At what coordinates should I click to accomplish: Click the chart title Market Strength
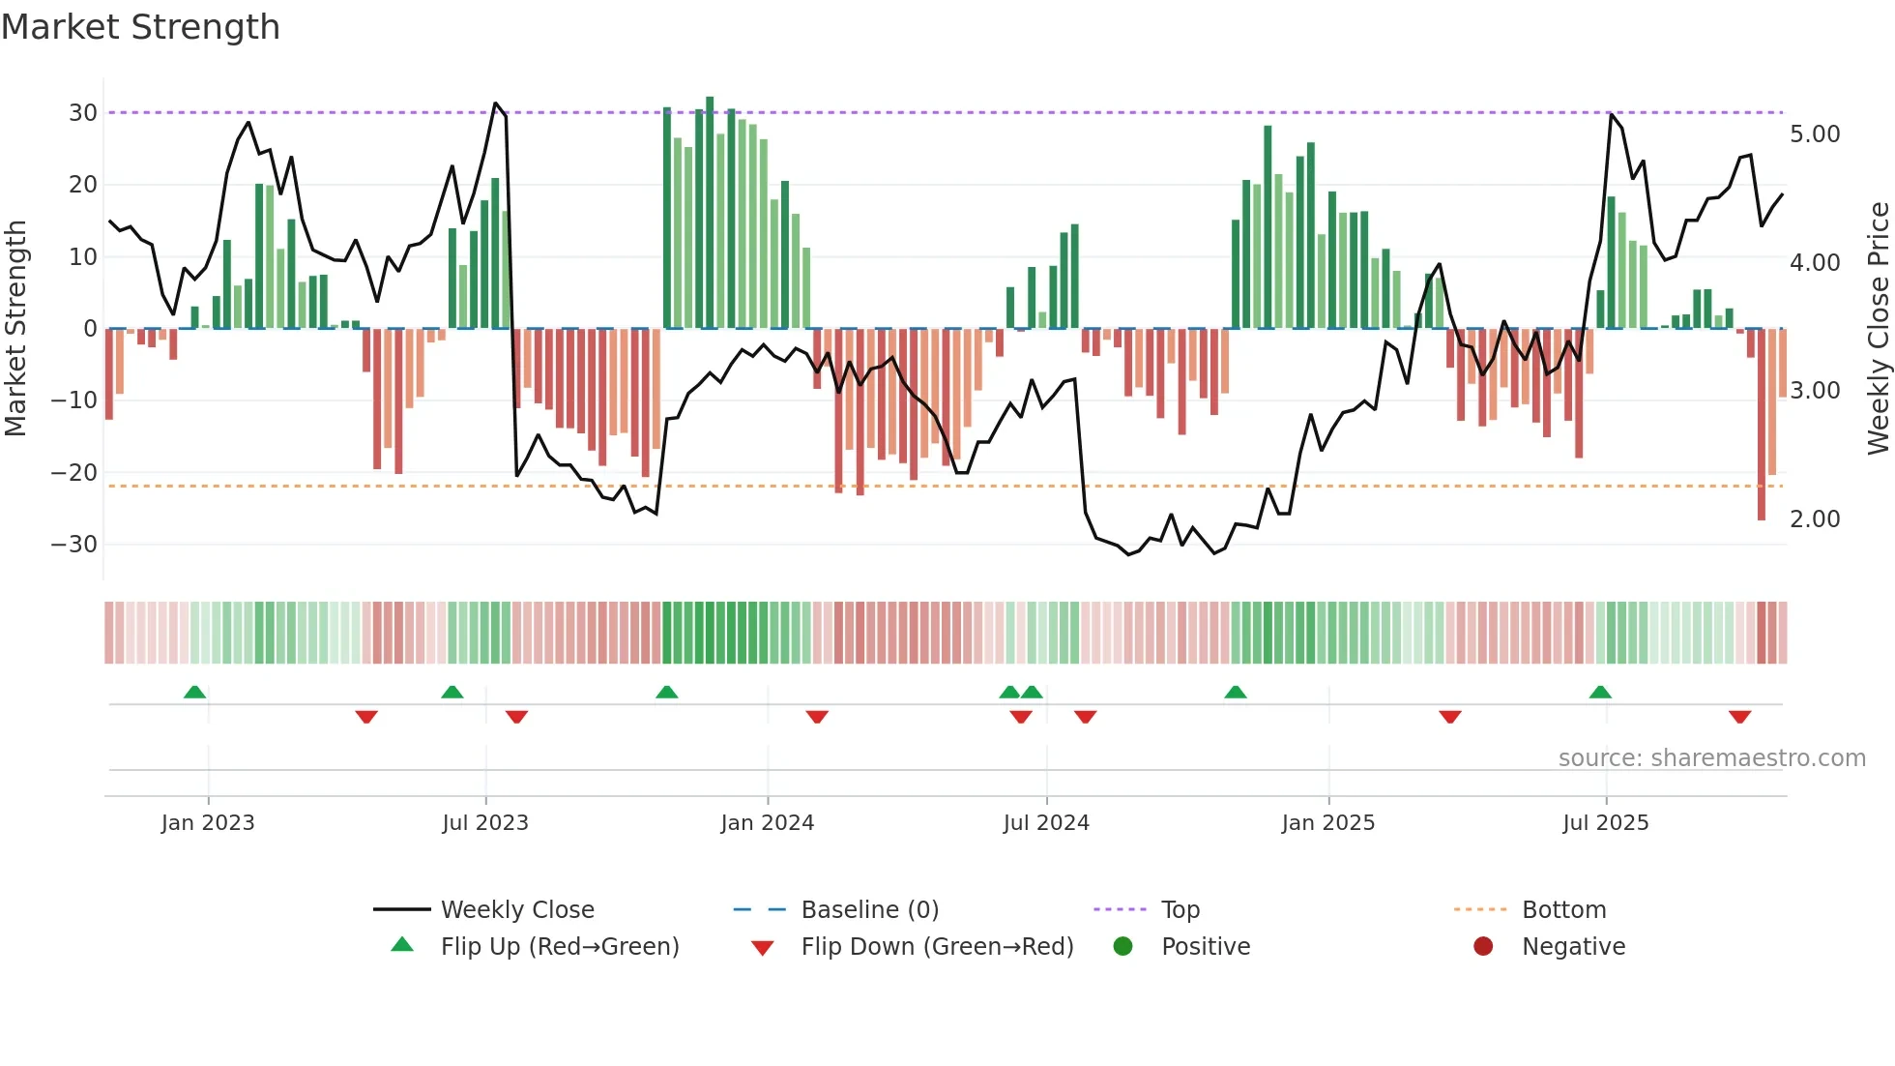[140, 27]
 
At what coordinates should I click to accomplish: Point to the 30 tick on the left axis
[83, 112]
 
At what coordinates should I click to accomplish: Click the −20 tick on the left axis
[74, 472]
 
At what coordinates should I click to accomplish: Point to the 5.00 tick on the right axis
[1815, 134]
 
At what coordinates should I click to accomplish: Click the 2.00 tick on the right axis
[1815, 519]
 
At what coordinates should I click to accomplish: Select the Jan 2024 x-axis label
[768, 823]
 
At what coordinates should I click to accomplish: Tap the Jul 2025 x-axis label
[1606, 823]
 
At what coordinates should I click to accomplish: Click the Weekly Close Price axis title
[1878, 329]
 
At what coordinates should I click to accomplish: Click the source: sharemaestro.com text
[1711, 758]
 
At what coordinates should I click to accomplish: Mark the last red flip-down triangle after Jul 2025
[1740, 717]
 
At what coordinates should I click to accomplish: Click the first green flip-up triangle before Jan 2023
[194, 692]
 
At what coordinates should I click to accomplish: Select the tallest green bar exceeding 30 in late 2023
[710, 213]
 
